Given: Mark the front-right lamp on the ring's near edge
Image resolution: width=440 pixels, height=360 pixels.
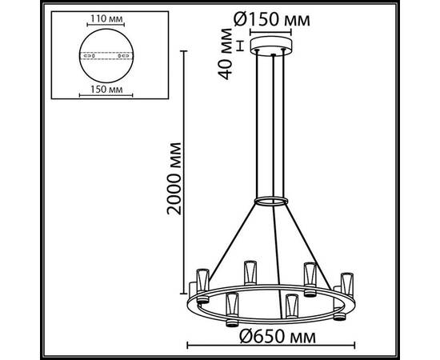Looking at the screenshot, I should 291,306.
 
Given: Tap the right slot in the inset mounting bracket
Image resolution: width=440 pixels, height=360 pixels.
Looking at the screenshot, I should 122,56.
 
